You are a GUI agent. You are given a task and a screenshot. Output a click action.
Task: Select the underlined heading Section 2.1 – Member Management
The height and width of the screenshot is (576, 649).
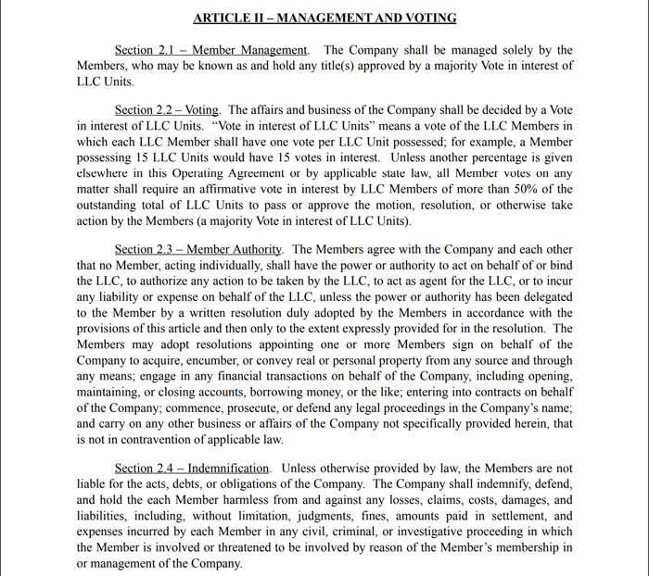pyautogui.click(x=210, y=50)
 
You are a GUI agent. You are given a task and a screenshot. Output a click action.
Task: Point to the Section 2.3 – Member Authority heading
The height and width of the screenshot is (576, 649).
pyautogui.click(x=200, y=250)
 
